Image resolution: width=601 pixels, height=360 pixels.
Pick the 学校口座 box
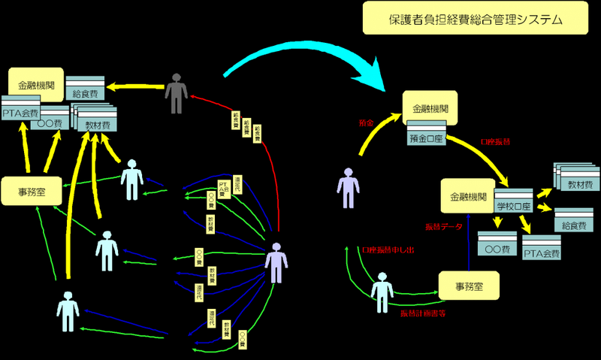click(513, 205)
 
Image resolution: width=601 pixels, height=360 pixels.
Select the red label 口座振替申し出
click(387, 250)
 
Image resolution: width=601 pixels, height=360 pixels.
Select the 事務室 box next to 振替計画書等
click(469, 286)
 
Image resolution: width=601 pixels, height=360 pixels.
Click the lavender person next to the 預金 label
click(348, 186)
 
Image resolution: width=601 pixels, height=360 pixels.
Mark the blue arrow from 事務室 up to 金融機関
click(468, 241)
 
